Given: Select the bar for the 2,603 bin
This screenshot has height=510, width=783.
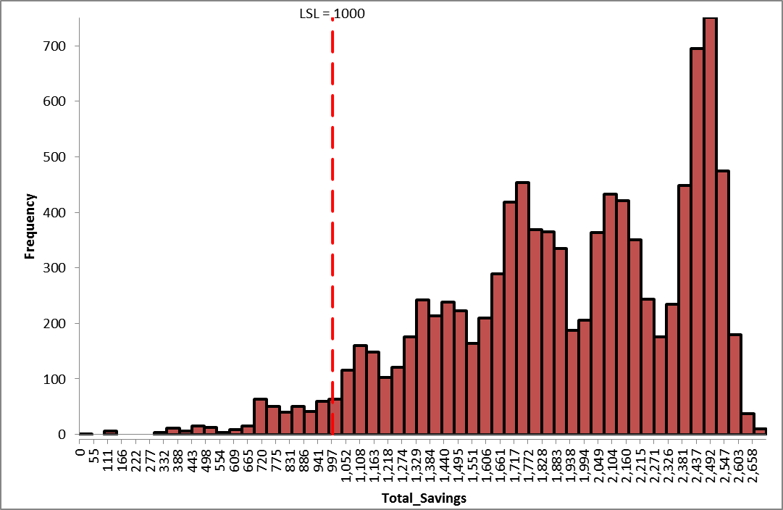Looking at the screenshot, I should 735,384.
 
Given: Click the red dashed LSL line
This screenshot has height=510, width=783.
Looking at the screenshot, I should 332,217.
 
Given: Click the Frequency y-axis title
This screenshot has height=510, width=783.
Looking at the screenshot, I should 30,225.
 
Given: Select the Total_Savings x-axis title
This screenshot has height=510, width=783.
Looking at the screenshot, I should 424,498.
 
